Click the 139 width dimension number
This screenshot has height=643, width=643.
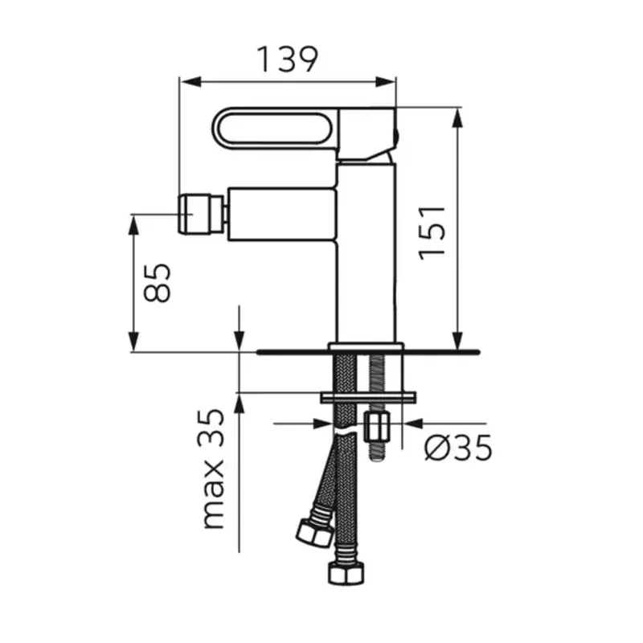pyautogui.click(x=287, y=59)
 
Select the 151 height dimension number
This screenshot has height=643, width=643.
pyautogui.click(x=432, y=233)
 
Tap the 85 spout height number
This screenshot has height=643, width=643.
pyautogui.click(x=157, y=283)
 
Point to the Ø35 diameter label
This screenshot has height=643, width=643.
pyautogui.click(x=457, y=448)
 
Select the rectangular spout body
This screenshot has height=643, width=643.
pyautogui.click(x=282, y=214)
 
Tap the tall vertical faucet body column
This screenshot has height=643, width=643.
pyautogui.click(x=367, y=252)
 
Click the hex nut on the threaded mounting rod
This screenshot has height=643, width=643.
pyautogui.click(x=377, y=428)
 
